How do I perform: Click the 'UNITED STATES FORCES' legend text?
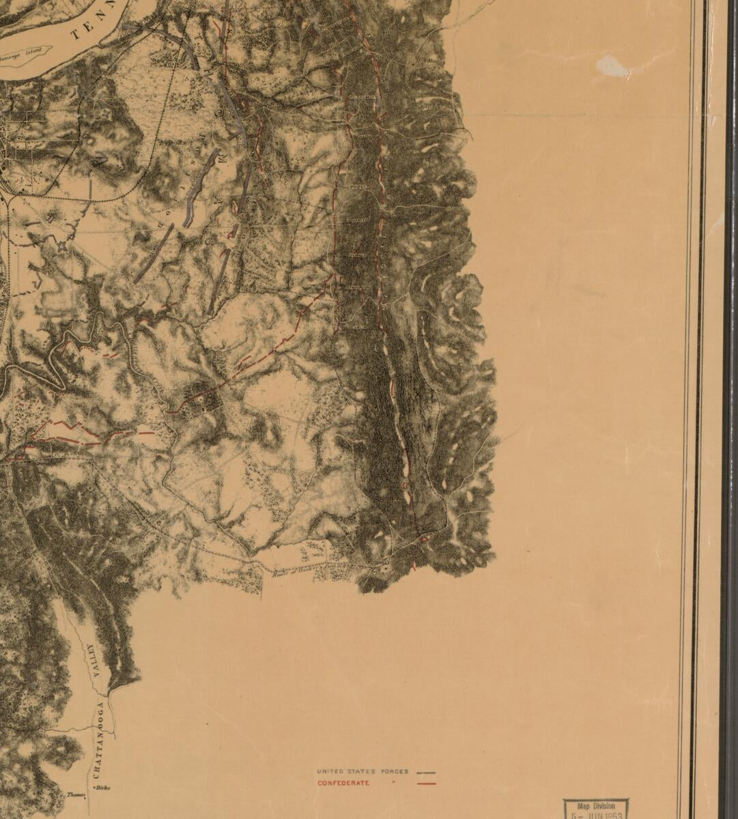click(363, 771)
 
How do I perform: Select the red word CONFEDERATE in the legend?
click(343, 783)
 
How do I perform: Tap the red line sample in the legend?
click(426, 784)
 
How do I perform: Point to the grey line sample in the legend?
click(426, 772)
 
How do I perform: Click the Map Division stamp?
click(595, 809)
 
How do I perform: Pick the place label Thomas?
click(75, 794)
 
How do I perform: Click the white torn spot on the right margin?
click(612, 66)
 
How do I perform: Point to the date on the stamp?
click(597, 815)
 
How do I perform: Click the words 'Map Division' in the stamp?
click(596, 806)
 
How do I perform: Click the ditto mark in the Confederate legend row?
click(393, 783)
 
